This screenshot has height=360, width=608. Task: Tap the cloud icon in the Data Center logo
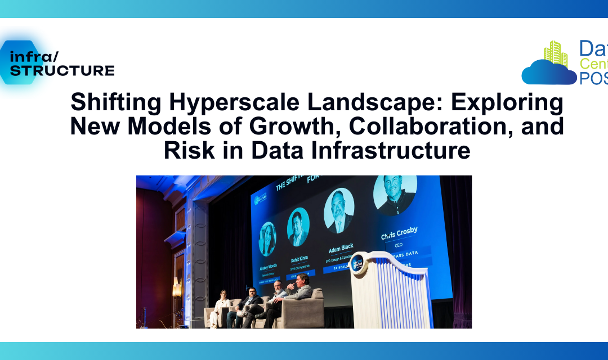pyautogui.click(x=549, y=71)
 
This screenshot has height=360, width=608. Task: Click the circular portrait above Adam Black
pyautogui.click(x=339, y=210)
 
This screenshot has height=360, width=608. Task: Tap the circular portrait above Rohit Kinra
pyautogui.click(x=298, y=227)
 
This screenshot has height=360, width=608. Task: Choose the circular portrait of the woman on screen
pyautogui.click(x=267, y=239)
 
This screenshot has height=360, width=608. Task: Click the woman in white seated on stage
pyautogui.click(x=221, y=306)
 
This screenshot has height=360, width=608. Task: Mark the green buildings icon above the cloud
pyautogui.click(x=556, y=53)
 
